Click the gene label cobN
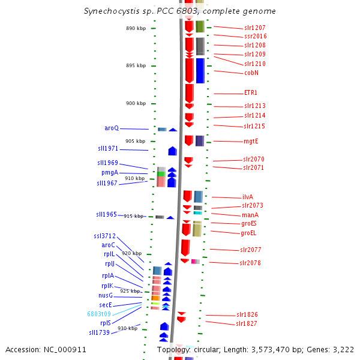[251, 73]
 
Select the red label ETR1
[250, 92]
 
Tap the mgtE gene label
[251, 141]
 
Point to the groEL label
[248, 233]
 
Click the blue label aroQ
[112, 128]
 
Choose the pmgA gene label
[110, 173]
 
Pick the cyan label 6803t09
[99, 314]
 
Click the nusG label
[106, 295]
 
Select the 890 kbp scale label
[136, 28]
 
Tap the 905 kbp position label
[135, 141]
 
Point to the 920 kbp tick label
[132, 253]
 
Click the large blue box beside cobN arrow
[200, 71]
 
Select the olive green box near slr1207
[200, 26]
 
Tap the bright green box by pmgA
[161, 174]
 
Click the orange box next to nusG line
[155, 298]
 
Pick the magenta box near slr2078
[193, 261]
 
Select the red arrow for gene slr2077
[185, 248]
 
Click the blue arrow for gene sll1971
[172, 151]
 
